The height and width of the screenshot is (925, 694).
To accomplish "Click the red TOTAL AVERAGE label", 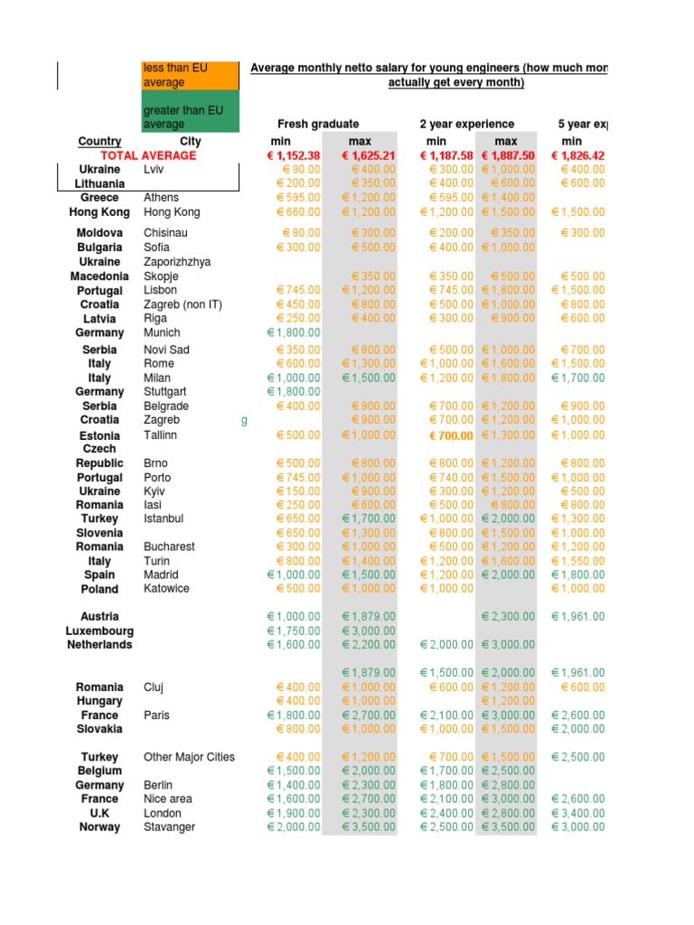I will pos(148,155).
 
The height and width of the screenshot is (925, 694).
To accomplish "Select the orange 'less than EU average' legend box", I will pos(190,76).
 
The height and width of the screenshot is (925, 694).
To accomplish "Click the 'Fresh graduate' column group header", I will pos(318,124).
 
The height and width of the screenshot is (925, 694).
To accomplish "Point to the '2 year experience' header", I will pos(467,124).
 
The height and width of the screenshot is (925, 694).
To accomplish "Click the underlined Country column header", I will pos(99,141).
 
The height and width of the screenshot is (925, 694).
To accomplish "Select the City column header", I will pos(191,141).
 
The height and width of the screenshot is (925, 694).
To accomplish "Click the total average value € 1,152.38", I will pos(294,155).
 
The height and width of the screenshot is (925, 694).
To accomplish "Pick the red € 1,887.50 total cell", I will pos(508,155).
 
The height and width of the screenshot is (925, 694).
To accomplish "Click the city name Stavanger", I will pos(169,827).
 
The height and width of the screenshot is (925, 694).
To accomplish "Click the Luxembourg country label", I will pos(99,631).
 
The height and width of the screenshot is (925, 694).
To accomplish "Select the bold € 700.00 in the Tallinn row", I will pos(451,435).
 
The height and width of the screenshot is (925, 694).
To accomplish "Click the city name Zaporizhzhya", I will pos(177,262).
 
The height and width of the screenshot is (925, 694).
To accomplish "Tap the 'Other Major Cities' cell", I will pos(189,757).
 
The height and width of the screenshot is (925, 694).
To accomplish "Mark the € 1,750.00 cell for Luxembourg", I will pos(294,631).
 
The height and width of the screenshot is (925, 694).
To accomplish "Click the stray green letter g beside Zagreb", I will pos(244,420).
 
